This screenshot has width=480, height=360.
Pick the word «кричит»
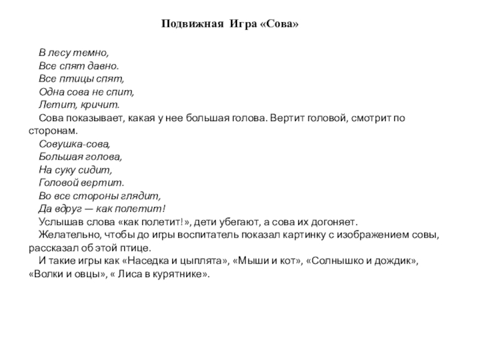85,104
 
